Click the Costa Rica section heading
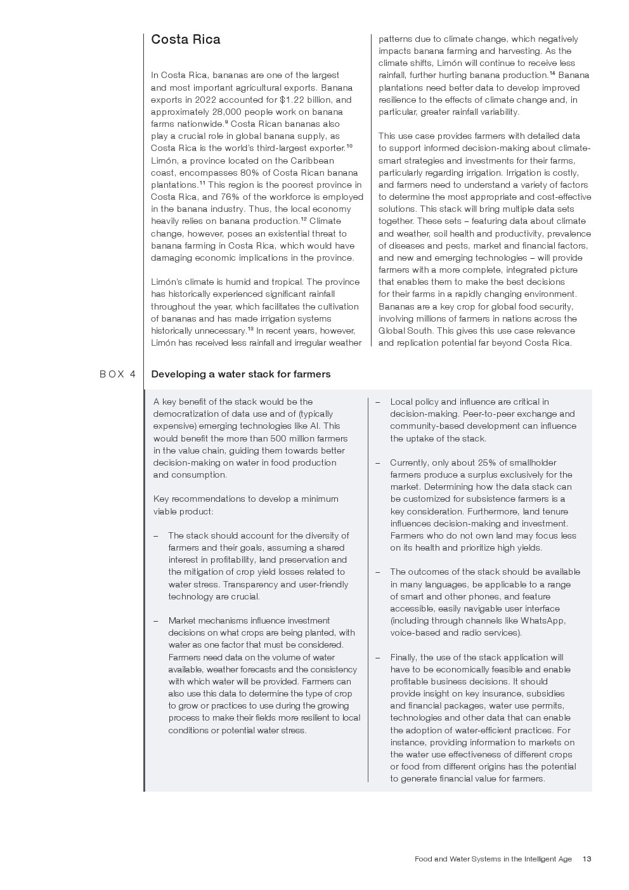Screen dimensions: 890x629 tap(186, 39)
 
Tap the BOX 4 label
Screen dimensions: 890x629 tap(118, 374)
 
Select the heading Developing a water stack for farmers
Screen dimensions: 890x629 tap(241, 374)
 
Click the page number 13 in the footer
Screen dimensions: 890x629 tap(587, 859)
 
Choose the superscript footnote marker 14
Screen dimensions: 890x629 tap(552, 74)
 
